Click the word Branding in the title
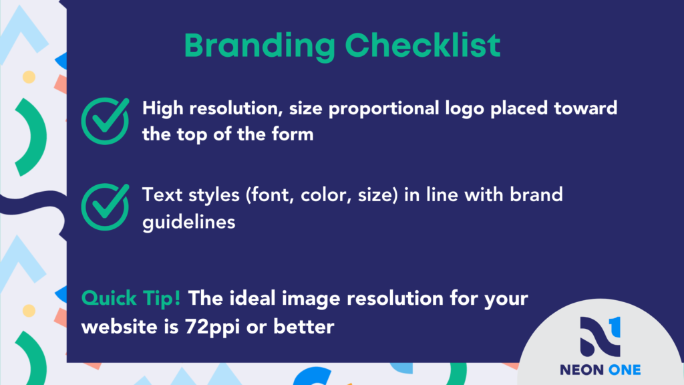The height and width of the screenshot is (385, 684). tap(260, 46)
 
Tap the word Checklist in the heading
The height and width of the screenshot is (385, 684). tap(423, 45)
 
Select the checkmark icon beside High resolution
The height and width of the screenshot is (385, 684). tap(105, 121)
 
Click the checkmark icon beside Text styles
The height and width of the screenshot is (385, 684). tap(105, 207)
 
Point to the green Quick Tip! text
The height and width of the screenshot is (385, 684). tap(131, 299)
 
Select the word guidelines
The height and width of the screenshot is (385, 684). tap(189, 222)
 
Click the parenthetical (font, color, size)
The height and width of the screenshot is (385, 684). tap(322, 195)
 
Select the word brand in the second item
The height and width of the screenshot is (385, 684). tap(536, 195)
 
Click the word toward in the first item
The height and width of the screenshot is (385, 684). tap(585, 108)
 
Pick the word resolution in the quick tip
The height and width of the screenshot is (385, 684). tap(395, 299)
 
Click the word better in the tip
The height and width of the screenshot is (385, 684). tap(304, 327)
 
